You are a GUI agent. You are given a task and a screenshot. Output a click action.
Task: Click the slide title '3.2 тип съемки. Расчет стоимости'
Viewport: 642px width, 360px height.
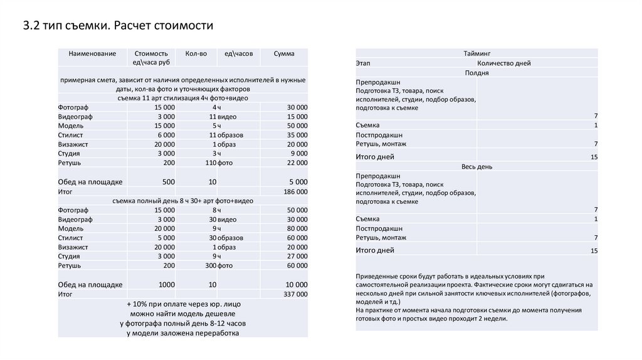(x=118, y=26)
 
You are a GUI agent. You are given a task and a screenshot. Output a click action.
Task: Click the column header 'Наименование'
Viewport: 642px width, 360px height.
(x=93, y=54)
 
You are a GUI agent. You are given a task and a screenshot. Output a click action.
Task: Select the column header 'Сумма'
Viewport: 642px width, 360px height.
(x=284, y=54)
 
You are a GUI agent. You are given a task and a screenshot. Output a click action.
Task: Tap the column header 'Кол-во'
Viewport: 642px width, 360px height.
(x=196, y=54)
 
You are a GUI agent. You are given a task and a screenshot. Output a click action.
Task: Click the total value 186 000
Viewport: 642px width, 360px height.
(x=295, y=191)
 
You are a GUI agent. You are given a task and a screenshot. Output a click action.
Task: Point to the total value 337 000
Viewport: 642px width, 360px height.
(x=295, y=294)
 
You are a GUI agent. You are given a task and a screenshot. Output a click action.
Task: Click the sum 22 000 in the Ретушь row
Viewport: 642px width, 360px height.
(x=297, y=163)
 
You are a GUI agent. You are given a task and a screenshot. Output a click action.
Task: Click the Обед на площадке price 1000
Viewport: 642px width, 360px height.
(x=167, y=284)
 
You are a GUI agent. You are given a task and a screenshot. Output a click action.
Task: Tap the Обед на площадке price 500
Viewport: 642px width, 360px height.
(x=169, y=182)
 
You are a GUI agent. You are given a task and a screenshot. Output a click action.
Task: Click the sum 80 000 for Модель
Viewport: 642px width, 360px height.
(x=297, y=228)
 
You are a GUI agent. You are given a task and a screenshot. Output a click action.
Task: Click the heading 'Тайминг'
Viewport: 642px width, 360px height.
(x=476, y=54)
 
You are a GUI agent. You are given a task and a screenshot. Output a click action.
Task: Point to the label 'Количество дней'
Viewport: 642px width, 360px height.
(x=503, y=63)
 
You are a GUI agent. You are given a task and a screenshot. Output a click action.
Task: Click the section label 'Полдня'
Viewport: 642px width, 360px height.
(x=476, y=73)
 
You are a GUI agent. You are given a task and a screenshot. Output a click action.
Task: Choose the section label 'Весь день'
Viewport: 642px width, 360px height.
(x=476, y=167)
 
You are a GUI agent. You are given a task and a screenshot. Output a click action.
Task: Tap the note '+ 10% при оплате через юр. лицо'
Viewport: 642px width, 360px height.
(x=182, y=304)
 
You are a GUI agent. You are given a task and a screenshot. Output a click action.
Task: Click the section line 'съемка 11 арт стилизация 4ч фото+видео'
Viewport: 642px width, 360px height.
(x=182, y=98)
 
